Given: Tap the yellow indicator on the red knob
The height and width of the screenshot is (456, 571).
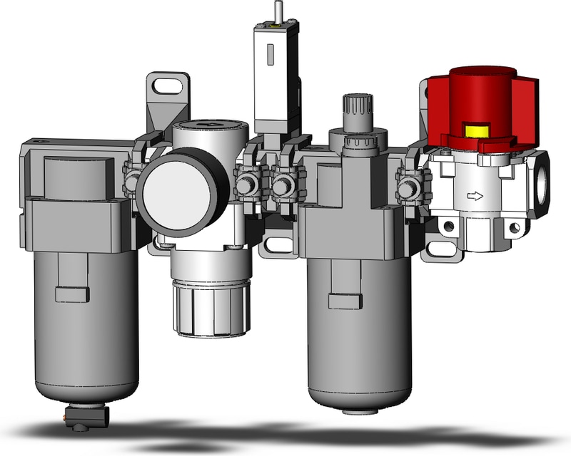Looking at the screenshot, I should [x=475, y=130].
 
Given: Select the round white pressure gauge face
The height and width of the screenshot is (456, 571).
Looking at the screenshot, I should [x=176, y=191].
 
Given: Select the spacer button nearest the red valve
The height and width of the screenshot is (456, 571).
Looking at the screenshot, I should [x=408, y=190].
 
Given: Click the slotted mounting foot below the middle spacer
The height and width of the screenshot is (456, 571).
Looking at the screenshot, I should [x=277, y=244].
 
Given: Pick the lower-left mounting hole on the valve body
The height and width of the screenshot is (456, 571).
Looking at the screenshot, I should [x=448, y=227].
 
